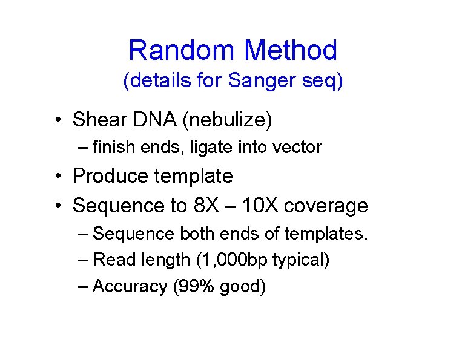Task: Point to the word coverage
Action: [x=326, y=206]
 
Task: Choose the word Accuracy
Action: [x=130, y=286]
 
